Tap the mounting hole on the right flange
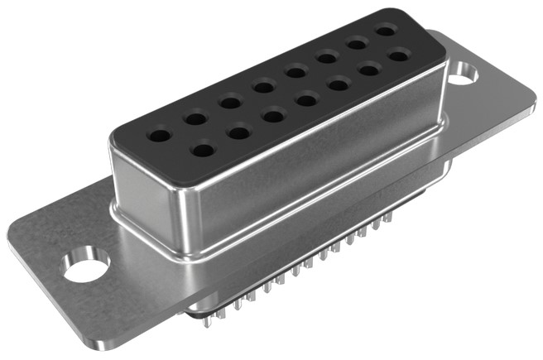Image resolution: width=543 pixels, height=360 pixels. coord(465,73)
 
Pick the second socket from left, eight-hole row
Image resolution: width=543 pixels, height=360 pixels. coord(196,118)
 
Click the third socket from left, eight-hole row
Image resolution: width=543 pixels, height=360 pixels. coord(230,103)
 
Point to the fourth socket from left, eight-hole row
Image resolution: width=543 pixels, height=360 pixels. coord(263,85)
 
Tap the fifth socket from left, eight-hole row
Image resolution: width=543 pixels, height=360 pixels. coord(295,71)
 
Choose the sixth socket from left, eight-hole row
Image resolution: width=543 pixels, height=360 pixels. coord(326,57)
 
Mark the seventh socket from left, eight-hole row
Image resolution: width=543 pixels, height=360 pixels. coord(357,44)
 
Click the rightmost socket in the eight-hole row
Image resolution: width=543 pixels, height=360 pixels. coord(384,31)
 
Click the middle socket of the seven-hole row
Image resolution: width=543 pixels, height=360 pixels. coord(307,100)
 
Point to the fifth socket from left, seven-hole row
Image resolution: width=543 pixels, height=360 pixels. coord(339,84)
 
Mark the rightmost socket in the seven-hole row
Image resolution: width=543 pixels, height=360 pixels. coord(398,55)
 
